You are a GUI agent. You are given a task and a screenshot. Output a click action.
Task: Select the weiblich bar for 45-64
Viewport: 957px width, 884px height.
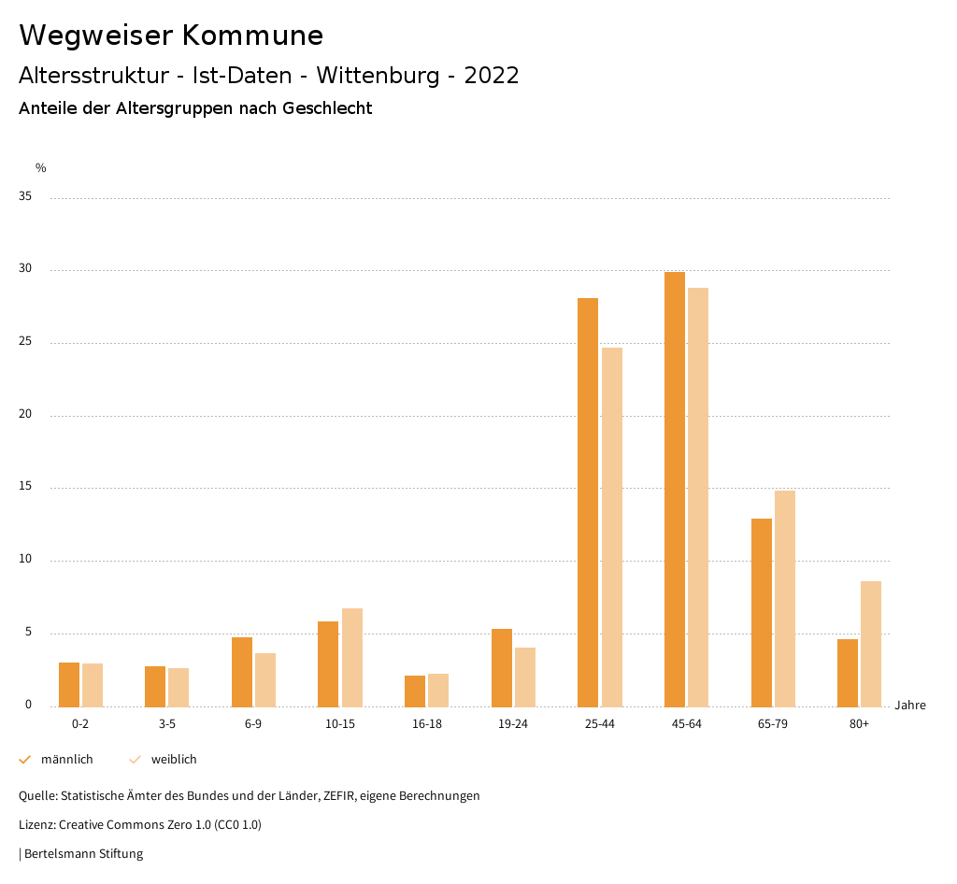click(x=698, y=496)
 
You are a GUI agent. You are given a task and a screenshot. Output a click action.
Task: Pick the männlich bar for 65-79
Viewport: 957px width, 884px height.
click(x=762, y=612)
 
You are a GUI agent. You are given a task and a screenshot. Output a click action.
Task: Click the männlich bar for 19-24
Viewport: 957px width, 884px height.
click(x=502, y=667)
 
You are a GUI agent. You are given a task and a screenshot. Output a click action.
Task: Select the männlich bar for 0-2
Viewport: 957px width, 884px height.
click(x=69, y=684)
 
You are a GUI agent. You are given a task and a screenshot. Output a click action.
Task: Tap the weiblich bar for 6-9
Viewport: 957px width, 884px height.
click(x=265, y=679)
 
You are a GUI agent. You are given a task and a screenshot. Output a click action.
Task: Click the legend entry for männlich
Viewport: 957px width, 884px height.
click(x=66, y=760)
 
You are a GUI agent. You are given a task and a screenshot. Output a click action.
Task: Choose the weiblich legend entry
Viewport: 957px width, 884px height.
click(x=174, y=760)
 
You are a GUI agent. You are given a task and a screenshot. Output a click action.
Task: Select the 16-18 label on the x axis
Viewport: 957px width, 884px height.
click(x=426, y=724)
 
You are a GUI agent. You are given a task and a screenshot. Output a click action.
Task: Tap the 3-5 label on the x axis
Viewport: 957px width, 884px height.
click(x=167, y=724)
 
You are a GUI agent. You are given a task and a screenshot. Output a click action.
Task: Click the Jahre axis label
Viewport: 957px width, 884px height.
click(x=909, y=706)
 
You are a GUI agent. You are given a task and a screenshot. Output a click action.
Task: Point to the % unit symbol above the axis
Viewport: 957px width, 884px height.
click(x=41, y=168)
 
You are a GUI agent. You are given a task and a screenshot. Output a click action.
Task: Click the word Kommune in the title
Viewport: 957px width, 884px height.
click(x=252, y=36)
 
